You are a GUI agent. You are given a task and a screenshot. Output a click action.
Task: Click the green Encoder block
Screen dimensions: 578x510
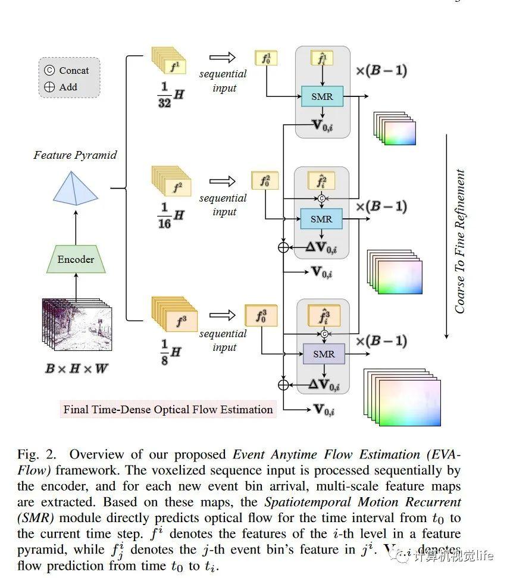point(76,259)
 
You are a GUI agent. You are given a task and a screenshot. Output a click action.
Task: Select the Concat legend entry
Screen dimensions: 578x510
point(67,70)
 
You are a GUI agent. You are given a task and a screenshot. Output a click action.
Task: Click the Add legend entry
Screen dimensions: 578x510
point(61,87)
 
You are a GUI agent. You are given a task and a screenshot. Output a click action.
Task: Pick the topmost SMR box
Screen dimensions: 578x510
point(322,96)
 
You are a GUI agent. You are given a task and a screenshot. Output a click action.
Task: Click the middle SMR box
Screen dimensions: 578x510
point(321,219)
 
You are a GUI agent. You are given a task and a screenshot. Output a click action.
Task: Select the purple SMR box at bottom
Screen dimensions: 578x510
point(324,354)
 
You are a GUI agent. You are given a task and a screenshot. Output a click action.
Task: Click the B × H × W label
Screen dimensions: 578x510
point(77,369)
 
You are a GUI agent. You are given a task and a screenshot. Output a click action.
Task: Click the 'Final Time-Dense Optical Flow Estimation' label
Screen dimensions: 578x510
point(168,409)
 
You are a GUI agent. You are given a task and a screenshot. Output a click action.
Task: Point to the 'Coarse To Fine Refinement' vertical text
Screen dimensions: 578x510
point(460,241)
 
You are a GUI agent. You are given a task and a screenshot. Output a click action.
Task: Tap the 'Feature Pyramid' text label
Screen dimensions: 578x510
point(75,155)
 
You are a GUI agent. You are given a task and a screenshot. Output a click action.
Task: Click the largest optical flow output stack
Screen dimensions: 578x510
point(402,397)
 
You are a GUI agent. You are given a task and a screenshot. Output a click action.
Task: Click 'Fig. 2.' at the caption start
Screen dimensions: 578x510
point(36,455)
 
